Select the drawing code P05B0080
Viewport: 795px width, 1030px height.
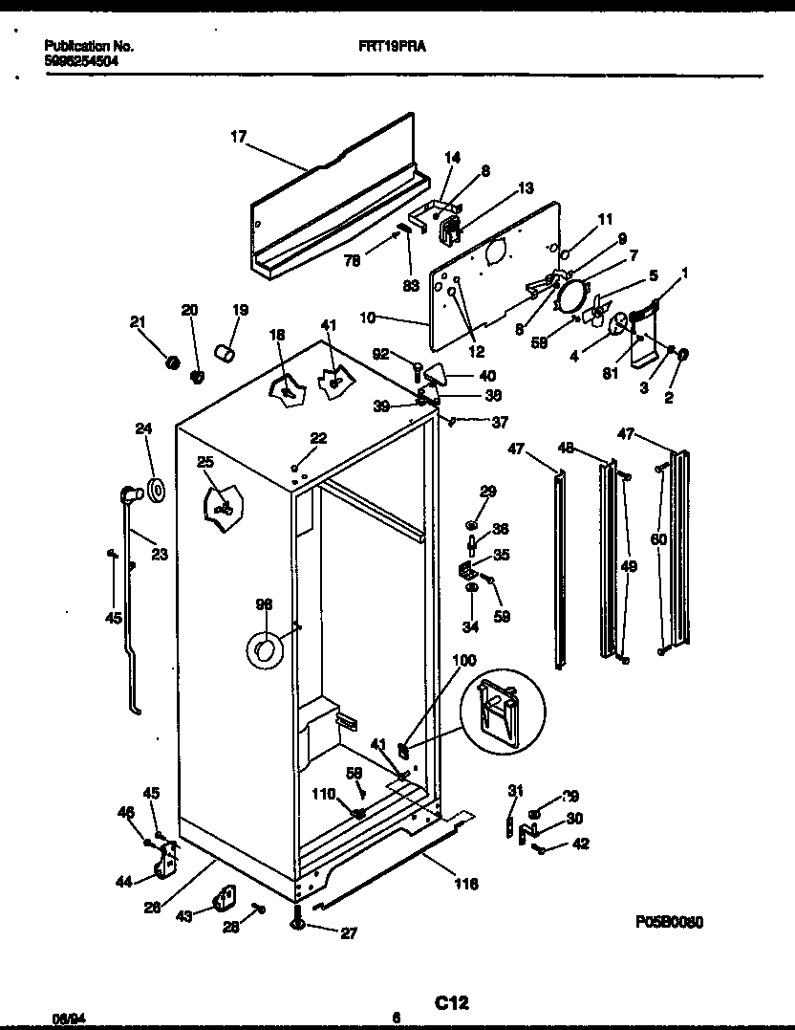pyautogui.click(x=669, y=923)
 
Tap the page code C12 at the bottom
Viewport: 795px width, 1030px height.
pyautogui.click(x=452, y=1002)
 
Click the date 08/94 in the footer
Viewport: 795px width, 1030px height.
pyautogui.click(x=63, y=1019)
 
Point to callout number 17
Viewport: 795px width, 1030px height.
pyautogui.click(x=238, y=138)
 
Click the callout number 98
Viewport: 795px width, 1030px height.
pyautogui.click(x=265, y=604)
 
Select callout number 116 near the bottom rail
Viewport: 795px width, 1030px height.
pyautogui.click(x=466, y=884)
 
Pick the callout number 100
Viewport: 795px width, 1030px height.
pyautogui.click(x=462, y=661)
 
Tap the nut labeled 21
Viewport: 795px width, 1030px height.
pyautogui.click(x=173, y=363)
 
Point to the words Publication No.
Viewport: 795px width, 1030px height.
pyautogui.click(x=89, y=45)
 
